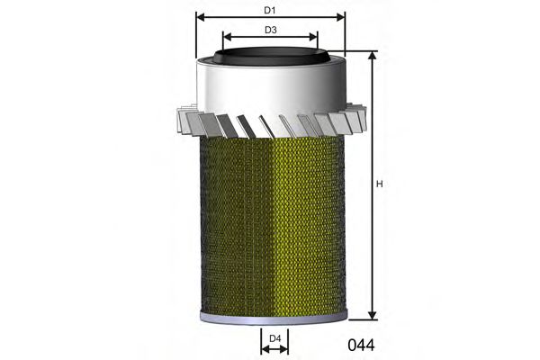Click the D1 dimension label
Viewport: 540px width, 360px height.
pyautogui.click(x=270, y=10)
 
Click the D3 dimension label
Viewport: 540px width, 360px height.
pyautogui.click(x=270, y=30)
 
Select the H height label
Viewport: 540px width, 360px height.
pyautogui.click(x=380, y=184)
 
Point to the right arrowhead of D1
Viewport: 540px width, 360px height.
pyautogui.click(x=341, y=17)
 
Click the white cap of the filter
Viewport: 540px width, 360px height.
pyautogui.click(x=270, y=90)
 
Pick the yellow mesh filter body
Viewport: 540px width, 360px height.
pyautogui.click(x=270, y=225)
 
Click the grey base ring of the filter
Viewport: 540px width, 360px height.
pyautogui.click(x=270, y=316)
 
